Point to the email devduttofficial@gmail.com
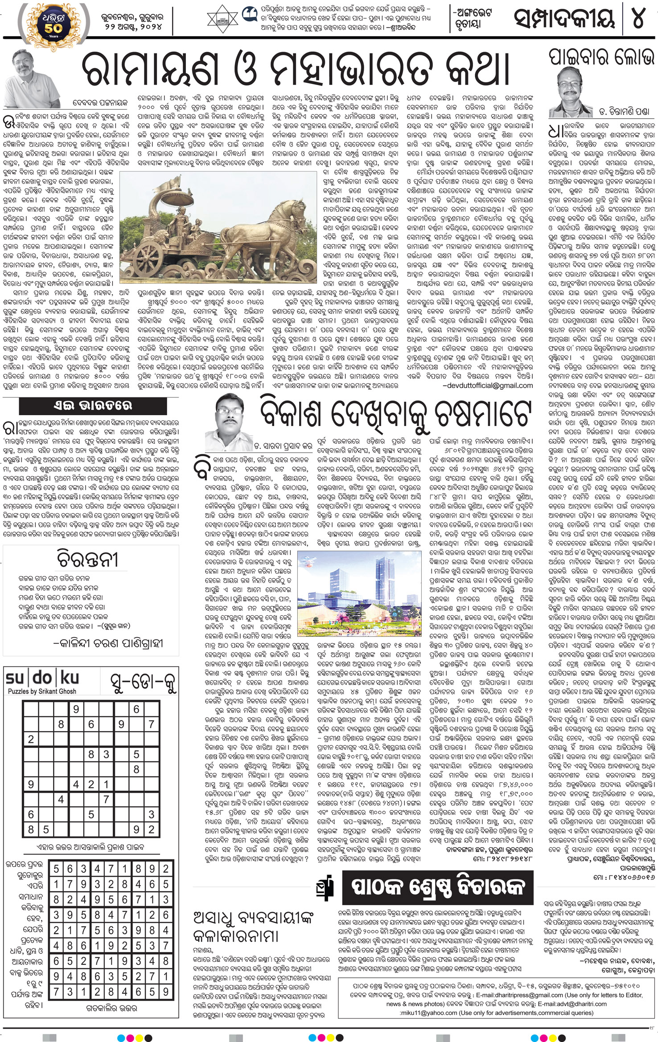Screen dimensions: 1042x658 (487, 385)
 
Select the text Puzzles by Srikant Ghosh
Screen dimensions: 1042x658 (42, 691)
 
